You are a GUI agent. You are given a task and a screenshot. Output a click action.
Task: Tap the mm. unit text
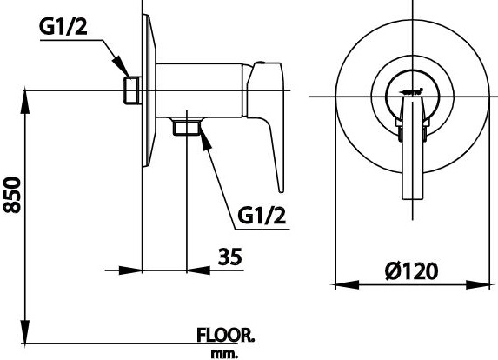click(224, 353)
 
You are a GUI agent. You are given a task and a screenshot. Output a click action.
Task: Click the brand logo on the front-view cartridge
click(412, 90)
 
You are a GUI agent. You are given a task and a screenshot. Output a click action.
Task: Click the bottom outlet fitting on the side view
click(184, 127)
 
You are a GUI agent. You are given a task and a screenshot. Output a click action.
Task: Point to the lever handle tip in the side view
click(280, 185)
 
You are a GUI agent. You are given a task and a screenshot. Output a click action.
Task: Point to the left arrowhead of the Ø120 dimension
click(342, 283)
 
